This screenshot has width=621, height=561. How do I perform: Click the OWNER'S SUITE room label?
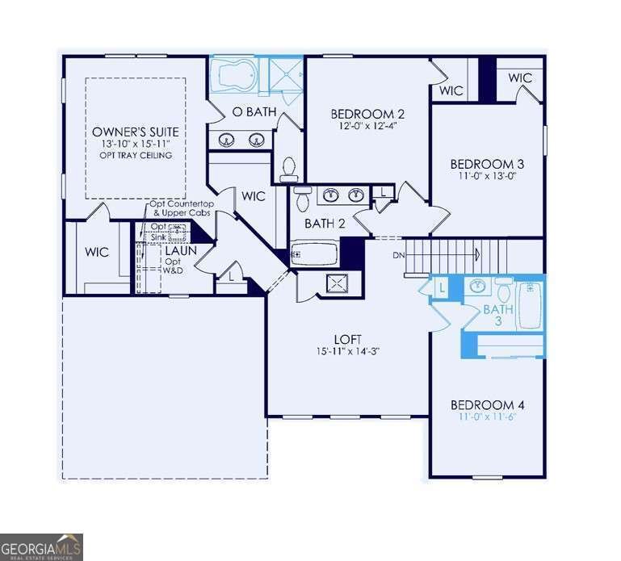135,131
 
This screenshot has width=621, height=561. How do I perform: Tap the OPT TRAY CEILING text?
136,155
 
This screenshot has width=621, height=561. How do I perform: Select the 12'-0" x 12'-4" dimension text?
367,126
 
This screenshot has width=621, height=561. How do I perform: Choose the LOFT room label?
348,339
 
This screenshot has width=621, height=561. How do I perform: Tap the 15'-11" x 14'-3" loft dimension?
348,352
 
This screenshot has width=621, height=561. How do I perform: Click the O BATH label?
249,111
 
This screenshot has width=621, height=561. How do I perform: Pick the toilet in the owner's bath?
288,168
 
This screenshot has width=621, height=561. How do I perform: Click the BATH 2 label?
325,224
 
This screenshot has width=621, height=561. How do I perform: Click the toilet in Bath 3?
504,288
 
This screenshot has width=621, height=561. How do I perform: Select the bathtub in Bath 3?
531,304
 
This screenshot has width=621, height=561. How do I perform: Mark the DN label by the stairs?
398,255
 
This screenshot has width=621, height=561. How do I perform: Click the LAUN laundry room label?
182,251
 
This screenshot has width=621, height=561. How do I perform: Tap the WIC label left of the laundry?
97,252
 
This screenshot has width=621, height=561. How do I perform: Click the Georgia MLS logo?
41,546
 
